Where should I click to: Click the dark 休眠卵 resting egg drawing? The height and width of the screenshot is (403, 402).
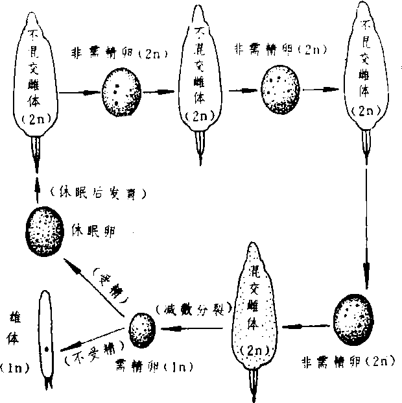[x=45, y=230]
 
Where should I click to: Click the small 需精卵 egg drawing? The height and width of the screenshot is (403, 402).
[x=141, y=328]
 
